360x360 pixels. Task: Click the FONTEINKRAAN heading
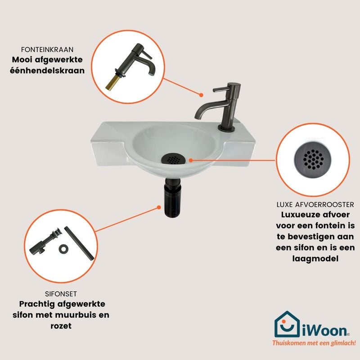pos(47,49)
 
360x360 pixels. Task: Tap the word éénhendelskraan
pos(47,71)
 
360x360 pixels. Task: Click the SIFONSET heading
pos(61,294)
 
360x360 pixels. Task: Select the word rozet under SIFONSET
pos(61,326)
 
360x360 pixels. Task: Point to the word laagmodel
pos(315,259)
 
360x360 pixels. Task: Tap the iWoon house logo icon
pos(287,324)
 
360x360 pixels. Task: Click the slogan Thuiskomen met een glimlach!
pos(314,343)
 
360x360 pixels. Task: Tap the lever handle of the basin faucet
pos(221,89)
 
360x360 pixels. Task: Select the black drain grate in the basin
pos(173,159)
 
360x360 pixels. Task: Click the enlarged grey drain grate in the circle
pos(313,160)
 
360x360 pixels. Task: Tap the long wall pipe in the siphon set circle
pos(79,243)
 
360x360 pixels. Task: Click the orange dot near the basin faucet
pos(201,95)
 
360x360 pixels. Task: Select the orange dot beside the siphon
pos(159,207)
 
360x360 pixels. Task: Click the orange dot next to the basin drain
pos(191,160)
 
